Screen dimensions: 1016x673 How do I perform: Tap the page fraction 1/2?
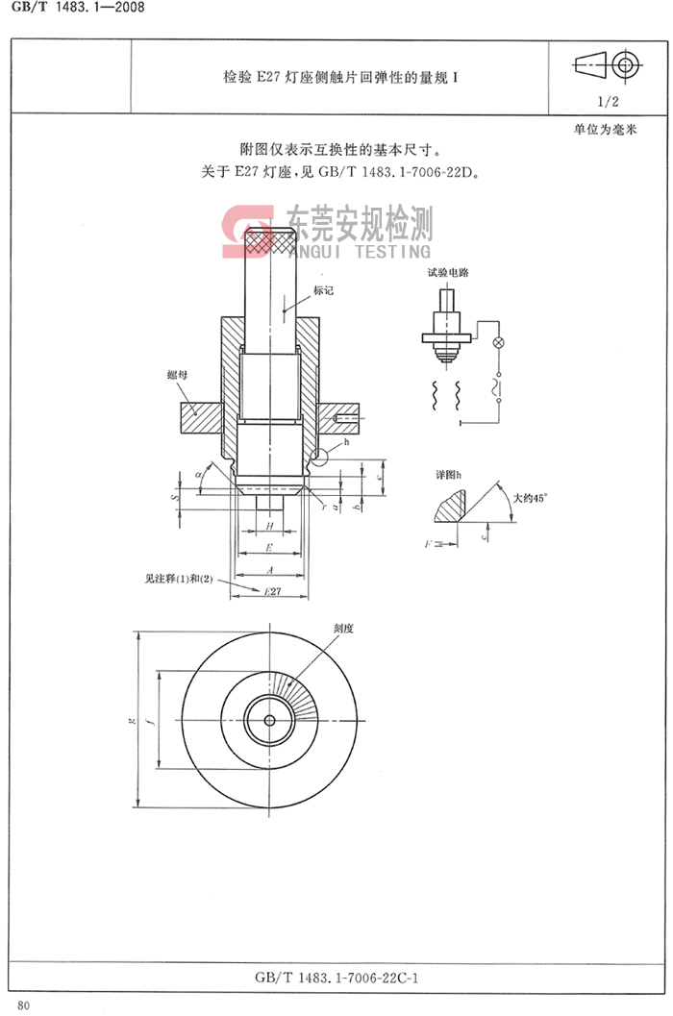[609, 100]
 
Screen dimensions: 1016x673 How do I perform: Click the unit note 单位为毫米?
[606, 129]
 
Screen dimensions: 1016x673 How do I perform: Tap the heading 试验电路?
[448, 273]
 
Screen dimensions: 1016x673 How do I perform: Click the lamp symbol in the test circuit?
[497, 343]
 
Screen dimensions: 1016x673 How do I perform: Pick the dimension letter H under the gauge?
[270, 527]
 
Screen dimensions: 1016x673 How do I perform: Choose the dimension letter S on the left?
[174, 500]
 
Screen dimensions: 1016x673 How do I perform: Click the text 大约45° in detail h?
[529, 498]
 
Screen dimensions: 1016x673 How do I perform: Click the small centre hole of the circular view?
[272, 718]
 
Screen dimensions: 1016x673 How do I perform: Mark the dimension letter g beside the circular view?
[131, 718]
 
